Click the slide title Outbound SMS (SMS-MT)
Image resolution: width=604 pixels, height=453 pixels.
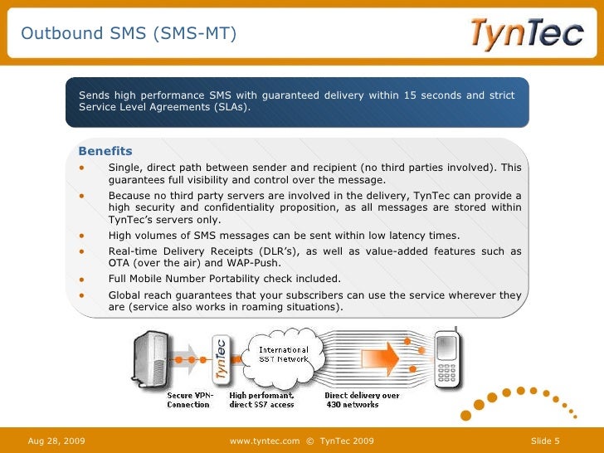(129, 33)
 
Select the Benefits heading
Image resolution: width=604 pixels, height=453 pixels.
(105, 151)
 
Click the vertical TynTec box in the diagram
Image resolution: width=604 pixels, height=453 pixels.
(222, 362)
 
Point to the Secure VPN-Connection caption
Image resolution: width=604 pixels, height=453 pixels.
(190, 400)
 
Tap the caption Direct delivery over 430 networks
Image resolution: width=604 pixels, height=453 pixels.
(362, 400)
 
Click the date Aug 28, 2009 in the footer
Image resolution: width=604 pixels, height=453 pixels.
(56, 440)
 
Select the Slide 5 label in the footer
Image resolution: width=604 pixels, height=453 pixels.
(545, 440)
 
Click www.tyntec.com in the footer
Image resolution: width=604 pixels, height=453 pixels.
(264, 440)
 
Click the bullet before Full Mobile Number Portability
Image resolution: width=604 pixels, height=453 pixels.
(82, 279)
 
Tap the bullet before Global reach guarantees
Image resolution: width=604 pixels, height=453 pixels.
(82, 295)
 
